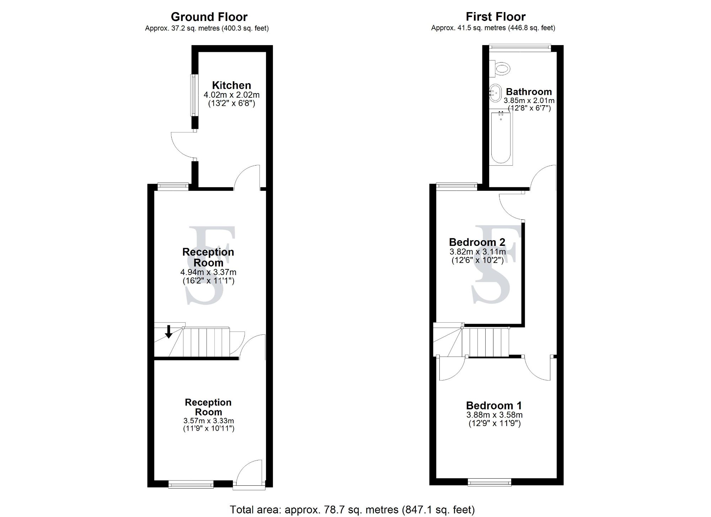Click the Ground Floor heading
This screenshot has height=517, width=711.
[x=209, y=17]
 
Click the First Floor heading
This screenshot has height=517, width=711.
[x=496, y=17]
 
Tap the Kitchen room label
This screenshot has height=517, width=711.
[x=231, y=85]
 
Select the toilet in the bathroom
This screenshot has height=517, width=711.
[x=501, y=68]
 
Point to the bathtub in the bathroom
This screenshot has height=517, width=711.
[x=501, y=138]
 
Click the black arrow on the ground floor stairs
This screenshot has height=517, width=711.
[x=169, y=331]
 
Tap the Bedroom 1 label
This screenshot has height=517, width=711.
[x=494, y=405]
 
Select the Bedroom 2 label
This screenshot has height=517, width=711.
[x=477, y=242]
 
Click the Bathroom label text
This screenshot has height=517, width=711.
[x=529, y=92]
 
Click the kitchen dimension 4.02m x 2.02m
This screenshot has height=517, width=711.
[x=231, y=95]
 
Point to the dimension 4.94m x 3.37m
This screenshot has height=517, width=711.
[x=208, y=272]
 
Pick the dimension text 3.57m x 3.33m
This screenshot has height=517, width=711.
[x=208, y=421]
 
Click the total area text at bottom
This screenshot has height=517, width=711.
[x=352, y=510]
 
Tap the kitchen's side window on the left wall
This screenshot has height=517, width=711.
[x=194, y=95]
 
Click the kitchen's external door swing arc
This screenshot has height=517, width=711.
[x=181, y=146]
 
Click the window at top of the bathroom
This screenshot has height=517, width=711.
[x=520, y=46]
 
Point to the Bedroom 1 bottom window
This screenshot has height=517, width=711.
[x=490, y=482]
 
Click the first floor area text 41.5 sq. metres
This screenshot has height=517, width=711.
[x=493, y=28]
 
